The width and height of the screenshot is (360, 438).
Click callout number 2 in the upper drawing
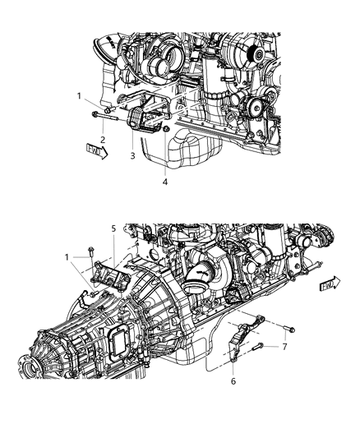click(103, 139)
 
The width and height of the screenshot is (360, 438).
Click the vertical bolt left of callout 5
click(90, 250)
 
